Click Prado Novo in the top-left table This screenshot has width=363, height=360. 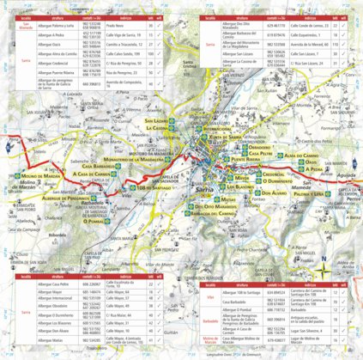tap(117, 27)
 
